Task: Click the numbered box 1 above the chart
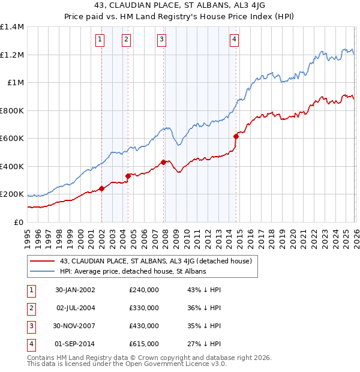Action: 99,40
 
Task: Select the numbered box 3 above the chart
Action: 161,40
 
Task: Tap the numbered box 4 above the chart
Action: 233,40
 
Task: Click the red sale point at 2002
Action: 102,188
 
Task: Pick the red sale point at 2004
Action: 128,176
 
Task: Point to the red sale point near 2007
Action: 164,162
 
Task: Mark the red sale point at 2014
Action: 236,136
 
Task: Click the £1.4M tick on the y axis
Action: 12,27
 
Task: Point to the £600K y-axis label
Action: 12,139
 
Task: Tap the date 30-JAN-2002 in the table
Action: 75,289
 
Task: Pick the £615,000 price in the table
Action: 144,344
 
